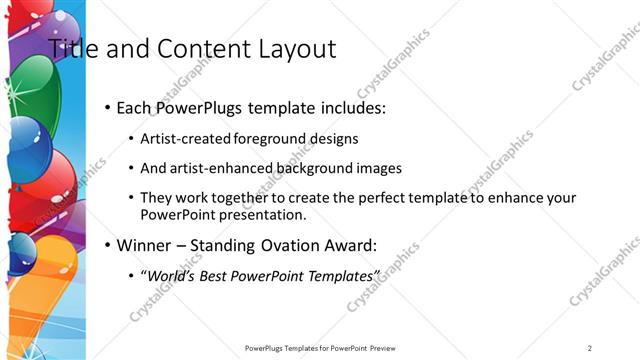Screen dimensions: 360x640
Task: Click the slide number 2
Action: [x=590, y=348]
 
